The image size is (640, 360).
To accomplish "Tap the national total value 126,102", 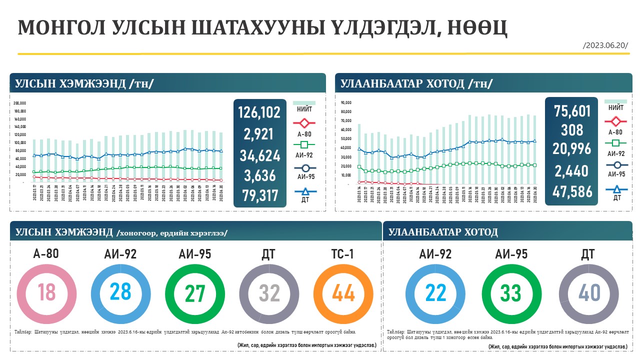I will click(259, 113).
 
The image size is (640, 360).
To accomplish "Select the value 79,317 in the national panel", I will click(259, 195).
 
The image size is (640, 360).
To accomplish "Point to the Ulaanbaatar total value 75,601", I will click(572, 111).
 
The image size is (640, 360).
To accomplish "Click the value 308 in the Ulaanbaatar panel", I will click(572, 130).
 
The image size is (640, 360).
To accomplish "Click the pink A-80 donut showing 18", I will click(49, 293).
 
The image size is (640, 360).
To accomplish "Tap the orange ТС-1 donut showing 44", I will click(343, 293).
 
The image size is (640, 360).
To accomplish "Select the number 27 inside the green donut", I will click(195, 293).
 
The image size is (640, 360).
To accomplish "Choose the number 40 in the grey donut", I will click(589, 293).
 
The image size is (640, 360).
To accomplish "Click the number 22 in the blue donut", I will click(436, 293).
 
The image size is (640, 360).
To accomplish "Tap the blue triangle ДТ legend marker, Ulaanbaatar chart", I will click(616, 189).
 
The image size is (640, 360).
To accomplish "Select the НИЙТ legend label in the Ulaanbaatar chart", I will click(616, 107).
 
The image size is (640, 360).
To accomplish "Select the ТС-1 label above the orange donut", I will click(343, 254).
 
